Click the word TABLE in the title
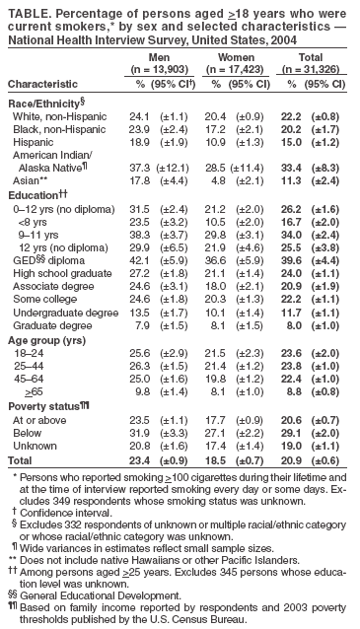point(26,9)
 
